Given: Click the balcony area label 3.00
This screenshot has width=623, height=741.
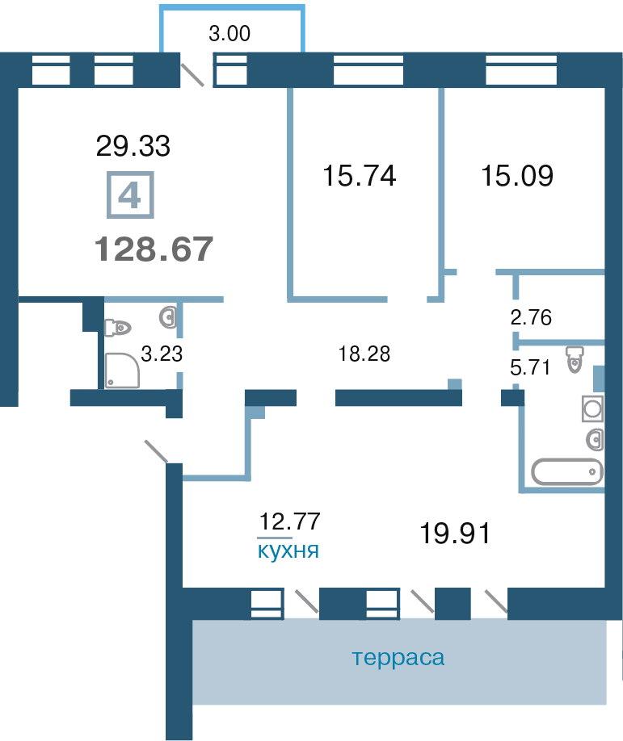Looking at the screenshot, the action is [229, 34].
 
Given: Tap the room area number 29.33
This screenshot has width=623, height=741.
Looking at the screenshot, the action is [133, 145].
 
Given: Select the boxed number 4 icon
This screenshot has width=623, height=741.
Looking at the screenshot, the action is [130, 195].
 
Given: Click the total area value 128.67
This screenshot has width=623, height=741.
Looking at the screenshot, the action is [154, 249].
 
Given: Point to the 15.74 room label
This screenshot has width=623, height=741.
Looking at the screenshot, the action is [359, 175].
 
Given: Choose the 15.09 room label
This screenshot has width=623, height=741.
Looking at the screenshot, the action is [517, 175].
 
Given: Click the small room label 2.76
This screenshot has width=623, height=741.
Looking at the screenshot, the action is [531, 317].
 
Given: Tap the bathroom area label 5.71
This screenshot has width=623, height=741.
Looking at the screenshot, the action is [530, 367].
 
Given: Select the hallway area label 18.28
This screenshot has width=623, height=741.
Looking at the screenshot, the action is [364, 354].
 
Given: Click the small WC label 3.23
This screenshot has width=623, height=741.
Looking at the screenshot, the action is [162, 354].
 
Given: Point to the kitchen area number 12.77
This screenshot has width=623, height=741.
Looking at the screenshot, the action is [290, 521].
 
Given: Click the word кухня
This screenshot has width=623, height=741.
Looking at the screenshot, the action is [288, 551].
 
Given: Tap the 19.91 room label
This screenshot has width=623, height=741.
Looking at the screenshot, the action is [455, 533].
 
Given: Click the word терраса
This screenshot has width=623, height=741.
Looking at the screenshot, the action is [398, 657].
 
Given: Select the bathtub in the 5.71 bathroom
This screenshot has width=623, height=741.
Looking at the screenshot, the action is [567, 471].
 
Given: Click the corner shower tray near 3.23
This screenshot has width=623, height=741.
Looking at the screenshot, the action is [122, 370].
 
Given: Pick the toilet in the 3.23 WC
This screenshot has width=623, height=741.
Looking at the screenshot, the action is [118, 328].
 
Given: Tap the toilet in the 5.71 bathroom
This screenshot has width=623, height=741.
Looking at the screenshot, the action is [575, 360].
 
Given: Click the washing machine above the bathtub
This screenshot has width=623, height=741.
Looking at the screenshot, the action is [592, 408].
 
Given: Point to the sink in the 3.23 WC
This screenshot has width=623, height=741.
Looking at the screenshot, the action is [168, 317].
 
